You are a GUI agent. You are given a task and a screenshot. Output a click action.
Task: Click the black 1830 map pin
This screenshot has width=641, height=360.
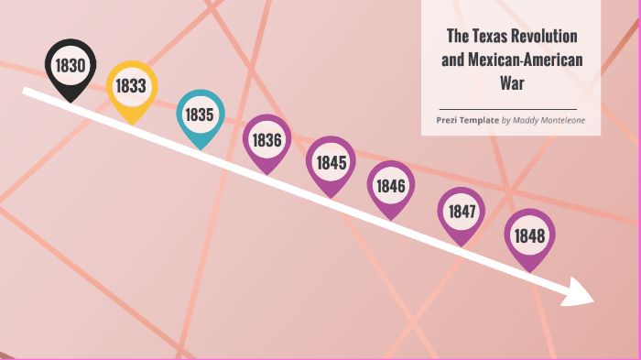tap(71, 67)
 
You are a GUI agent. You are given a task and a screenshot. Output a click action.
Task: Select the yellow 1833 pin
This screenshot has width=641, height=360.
tap(131, 87)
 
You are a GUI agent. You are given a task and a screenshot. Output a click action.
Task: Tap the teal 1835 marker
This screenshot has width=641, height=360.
tap(200, 115)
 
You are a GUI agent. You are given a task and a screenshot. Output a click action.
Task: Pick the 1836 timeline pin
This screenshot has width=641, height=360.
tap(266, 140)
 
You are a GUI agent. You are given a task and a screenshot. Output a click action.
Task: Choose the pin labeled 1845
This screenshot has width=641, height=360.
tap(330, 163)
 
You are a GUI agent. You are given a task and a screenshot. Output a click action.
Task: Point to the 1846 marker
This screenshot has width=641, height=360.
tap(391, 186)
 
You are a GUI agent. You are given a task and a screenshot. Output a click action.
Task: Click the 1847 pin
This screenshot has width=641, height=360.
tap(462, 212)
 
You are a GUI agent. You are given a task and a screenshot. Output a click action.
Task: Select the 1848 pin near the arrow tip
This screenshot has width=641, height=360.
tap(530, 236)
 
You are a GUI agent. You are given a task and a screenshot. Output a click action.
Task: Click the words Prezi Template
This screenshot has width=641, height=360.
tap(467, 120)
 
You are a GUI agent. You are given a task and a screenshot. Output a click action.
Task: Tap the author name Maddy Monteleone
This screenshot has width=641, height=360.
tap(549, 120)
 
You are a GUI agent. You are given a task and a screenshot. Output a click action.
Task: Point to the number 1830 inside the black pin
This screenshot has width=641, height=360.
tap(71, 65)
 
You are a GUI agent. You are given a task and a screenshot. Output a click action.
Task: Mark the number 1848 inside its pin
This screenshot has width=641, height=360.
tap(530, 236)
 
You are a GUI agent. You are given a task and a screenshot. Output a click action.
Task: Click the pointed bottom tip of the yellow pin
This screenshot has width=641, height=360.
tap(132, 123)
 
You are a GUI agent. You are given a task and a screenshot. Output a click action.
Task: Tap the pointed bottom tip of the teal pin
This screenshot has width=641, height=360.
tap(201, 148)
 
